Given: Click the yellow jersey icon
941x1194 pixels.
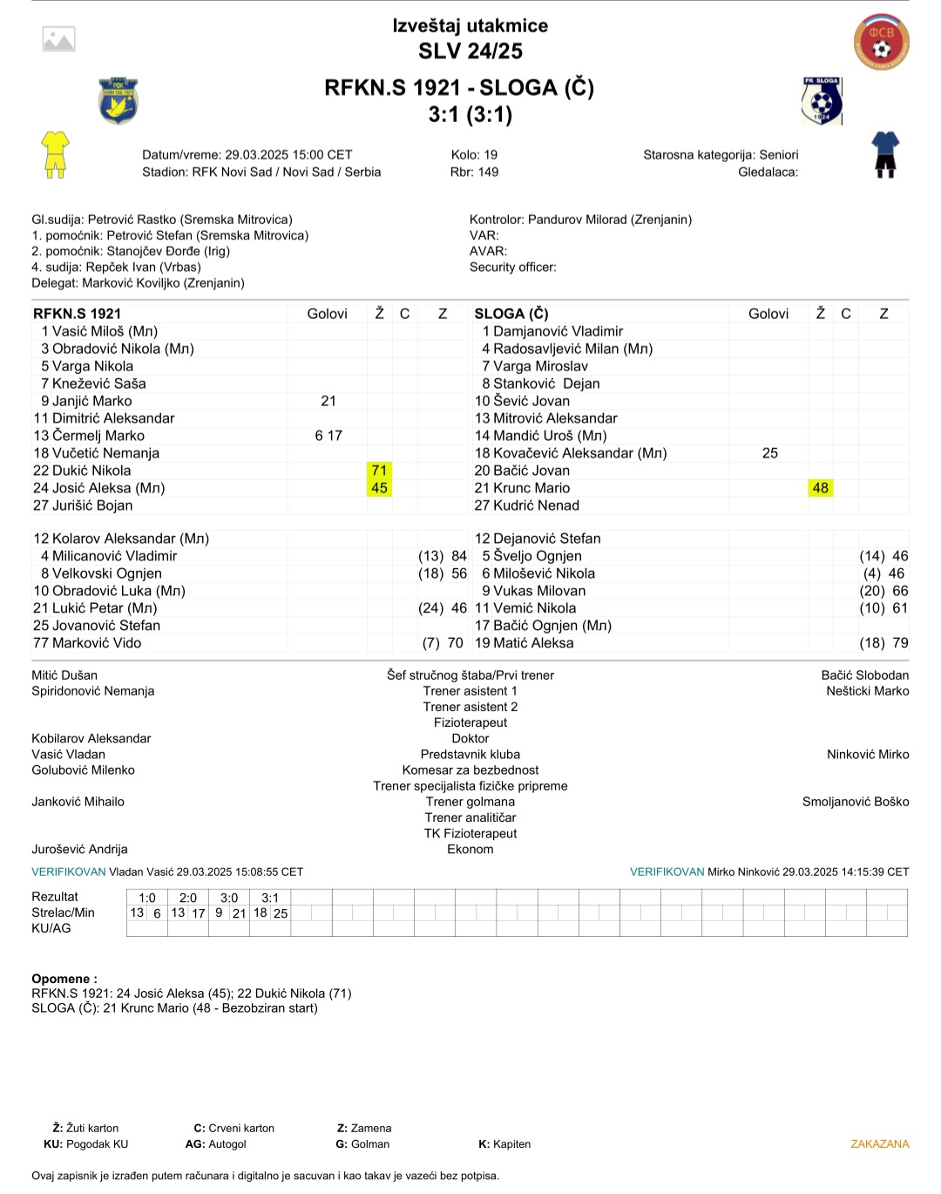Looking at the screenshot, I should pos(55,154).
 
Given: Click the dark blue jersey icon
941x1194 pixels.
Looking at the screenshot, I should pos(885,154).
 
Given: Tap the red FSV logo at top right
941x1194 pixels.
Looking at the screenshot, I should pos(881,41).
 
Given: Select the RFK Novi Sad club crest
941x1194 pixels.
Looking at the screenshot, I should pos(118,100).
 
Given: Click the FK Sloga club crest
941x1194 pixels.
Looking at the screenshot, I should pos(822,100).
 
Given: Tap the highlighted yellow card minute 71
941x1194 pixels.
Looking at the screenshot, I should pos(379,471).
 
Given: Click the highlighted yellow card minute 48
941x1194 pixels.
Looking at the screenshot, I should pos(820,488).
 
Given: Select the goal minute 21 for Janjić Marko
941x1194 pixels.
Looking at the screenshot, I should pos(328,401).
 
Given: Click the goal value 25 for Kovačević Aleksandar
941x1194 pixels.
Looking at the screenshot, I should pos(769,453).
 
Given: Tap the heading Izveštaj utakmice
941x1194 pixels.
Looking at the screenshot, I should pos(470,26).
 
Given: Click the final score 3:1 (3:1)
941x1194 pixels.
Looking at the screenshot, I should pos(470,115).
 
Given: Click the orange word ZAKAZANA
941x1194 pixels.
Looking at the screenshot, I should pos(879,1144).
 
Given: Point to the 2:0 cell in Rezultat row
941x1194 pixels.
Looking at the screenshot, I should pos(188,898).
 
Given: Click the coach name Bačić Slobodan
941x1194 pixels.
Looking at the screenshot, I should pos(864,675).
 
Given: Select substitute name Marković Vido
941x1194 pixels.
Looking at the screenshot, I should pos(97,643).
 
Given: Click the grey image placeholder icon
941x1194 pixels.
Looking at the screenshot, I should pos(59,39).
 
